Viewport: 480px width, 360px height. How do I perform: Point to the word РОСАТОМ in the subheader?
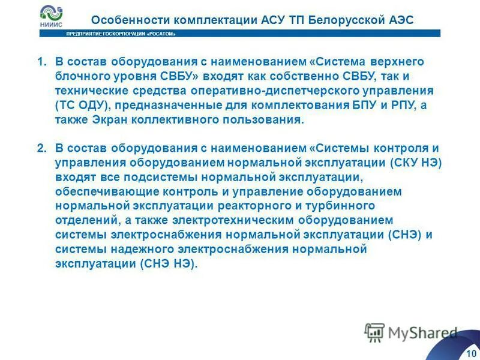coord(164,34)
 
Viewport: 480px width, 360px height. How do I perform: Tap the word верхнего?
coord(399,62)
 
